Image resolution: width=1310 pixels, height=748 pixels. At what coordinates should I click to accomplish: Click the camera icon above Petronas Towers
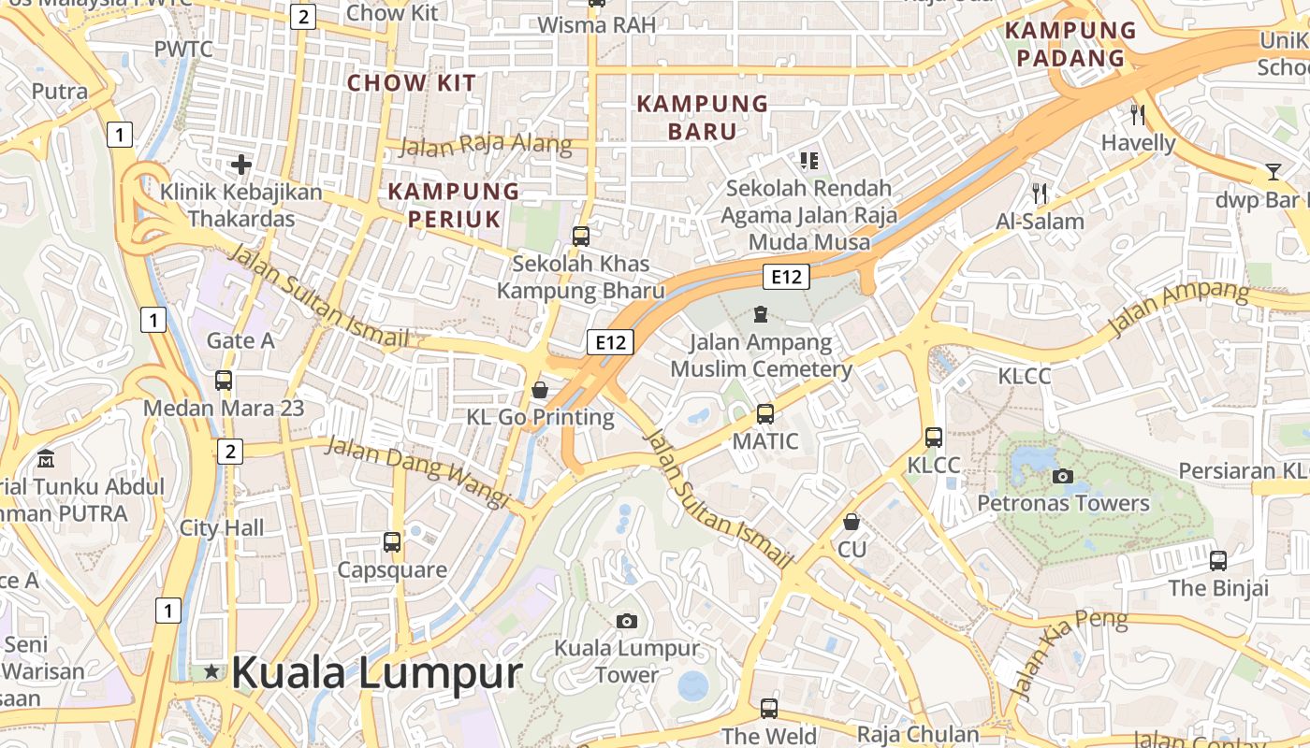(1062, 476)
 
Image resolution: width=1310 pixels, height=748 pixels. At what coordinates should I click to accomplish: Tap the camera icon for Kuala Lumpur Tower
(627, 621)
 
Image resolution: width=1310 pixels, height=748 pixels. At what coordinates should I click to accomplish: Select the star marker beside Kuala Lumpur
(212, 671)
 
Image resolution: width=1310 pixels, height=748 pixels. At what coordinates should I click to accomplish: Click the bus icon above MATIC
(765, 413)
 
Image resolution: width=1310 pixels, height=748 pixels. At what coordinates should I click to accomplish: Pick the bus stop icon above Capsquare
(392, 541)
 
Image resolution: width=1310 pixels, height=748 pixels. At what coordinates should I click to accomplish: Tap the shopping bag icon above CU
(851, 521)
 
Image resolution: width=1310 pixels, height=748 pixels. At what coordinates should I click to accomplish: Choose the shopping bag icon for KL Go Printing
(540, 389)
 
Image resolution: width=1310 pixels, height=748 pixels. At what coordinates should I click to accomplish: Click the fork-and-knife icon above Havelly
(1138, 115)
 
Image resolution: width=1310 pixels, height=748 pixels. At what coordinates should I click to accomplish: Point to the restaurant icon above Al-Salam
(1040, 194)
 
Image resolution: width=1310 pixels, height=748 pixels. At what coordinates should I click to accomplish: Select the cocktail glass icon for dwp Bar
(1273, 171)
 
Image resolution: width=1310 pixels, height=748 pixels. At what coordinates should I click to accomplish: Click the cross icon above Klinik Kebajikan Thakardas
(241, 165)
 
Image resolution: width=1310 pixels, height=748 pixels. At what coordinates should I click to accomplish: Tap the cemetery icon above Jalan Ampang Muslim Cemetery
(760, 314)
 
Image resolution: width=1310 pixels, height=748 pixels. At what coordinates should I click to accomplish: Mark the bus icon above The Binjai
(1217, 561)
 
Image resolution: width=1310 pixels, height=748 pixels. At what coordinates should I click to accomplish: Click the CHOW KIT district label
(412, 82)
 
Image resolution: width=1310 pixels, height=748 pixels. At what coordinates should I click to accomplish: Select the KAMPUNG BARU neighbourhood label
(702, 117)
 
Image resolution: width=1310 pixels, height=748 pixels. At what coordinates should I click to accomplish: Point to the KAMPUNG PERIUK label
(454, 205)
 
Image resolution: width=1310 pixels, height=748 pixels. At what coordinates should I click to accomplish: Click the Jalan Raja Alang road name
(486, 144)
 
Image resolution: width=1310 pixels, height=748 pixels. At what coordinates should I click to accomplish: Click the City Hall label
(222, 527)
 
